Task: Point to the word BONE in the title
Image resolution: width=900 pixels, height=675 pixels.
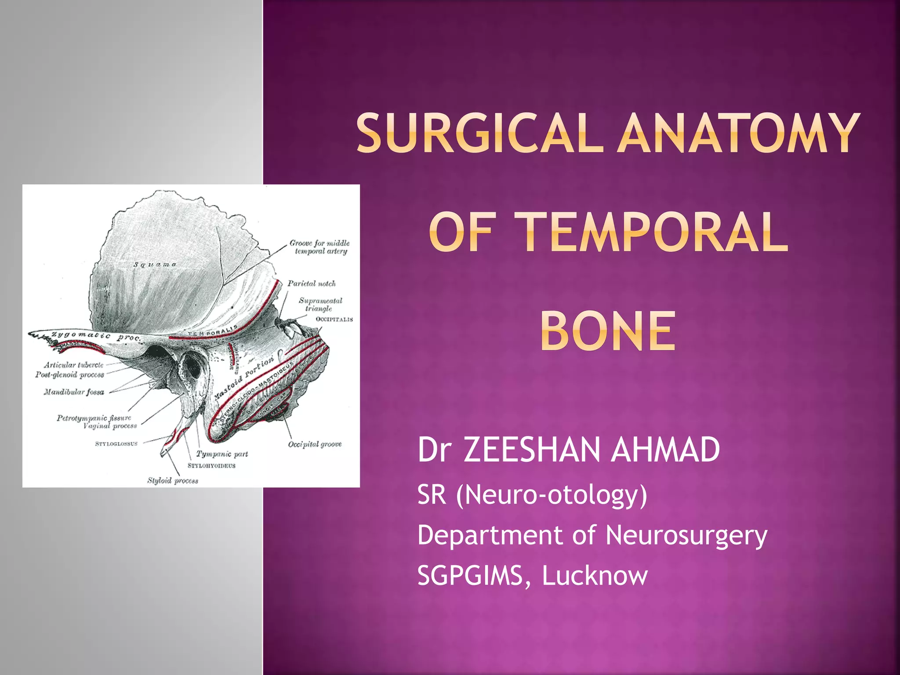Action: click(608, 331)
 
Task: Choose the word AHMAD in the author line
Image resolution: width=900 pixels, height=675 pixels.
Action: click(665, 450)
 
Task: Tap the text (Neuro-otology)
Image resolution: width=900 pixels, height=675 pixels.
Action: click(552, 495)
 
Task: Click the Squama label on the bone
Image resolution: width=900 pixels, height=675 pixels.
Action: click(155, 265)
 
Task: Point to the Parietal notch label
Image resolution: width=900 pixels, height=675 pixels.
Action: click(312, 284)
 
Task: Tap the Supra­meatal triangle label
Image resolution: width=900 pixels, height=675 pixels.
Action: click(320, 305)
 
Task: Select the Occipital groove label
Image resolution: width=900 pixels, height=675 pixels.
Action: click(315, 444)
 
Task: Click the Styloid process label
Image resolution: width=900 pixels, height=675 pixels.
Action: click(173, 481)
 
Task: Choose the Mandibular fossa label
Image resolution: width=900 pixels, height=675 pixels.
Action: click(74, 392)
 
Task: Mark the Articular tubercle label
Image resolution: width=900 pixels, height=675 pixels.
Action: click(73, 365)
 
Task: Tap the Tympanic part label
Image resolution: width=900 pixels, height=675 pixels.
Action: click(222, 454)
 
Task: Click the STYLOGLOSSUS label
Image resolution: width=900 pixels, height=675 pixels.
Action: click(116, 444)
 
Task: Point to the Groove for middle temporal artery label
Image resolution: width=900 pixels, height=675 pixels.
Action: click(320, 247)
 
